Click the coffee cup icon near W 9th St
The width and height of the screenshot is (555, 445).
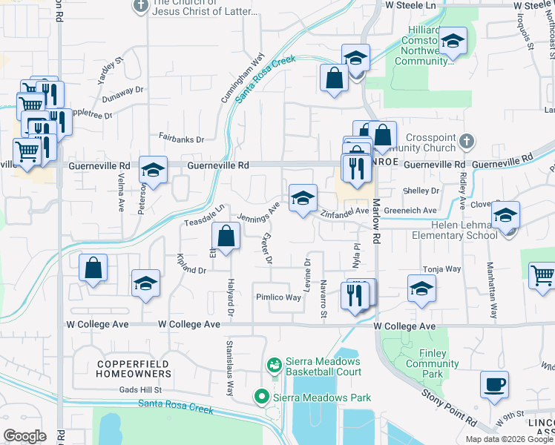point(494,385)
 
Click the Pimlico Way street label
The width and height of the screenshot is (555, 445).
point(279,297)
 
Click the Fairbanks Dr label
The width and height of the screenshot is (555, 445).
point(181,138)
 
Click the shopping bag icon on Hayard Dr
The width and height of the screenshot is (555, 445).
point(226,237)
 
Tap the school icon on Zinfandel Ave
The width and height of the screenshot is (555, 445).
point(303,198)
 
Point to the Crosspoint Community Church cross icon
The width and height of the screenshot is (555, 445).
point(466,140)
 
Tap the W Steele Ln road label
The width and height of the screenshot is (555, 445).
point(411,5)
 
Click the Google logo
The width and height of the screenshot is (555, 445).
point(24,436)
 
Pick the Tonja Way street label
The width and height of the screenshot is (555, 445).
point(441,269)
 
